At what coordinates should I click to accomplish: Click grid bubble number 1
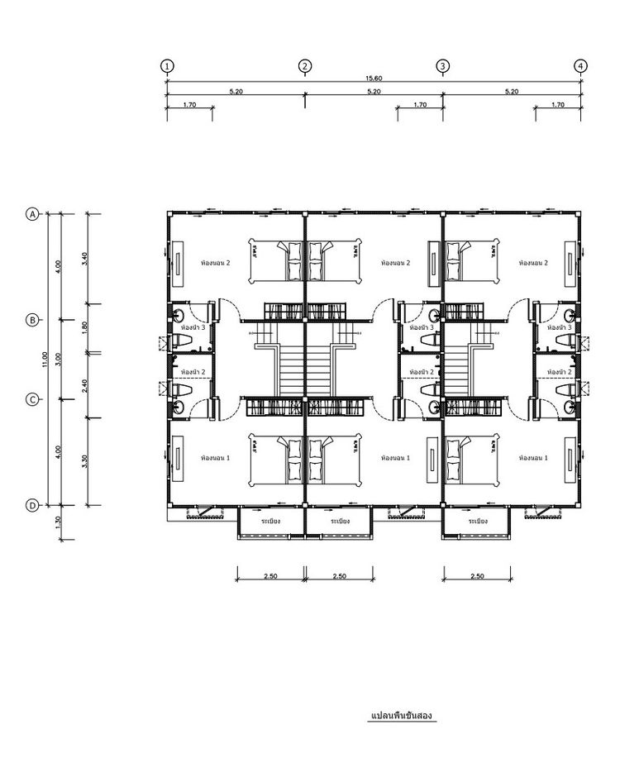(167, 66)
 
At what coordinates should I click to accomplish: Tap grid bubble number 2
(305, 66)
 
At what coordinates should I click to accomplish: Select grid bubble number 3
(443, 66)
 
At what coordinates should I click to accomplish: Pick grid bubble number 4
(581, 66)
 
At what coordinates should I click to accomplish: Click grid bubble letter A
(32, 214)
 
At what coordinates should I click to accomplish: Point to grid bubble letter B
(32, 320)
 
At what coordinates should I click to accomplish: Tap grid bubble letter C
(32, 399)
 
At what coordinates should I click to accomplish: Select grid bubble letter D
(32, 505)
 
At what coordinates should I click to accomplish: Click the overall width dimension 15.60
(374, 78)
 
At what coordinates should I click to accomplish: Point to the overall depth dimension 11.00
(46, 360)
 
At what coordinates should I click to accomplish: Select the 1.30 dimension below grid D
(58, 522)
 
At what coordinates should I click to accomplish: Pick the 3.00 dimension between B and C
(58, 360)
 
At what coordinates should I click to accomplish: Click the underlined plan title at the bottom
(403, 713)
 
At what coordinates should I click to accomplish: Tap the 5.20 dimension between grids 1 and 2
(236, 92)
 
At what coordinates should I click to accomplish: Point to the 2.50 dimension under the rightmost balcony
(477, 575)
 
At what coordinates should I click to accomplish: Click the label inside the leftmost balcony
(270, 522)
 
